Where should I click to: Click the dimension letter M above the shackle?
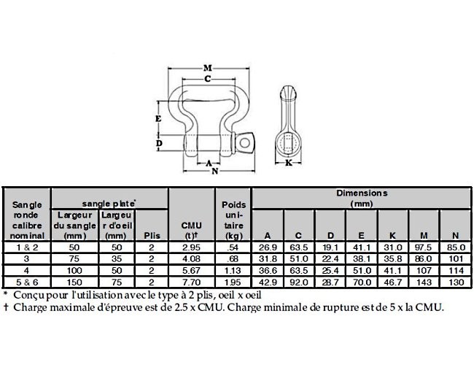tap(208, 68)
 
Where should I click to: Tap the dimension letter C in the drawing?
tap(208, 79)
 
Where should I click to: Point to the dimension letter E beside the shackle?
tap(158, 119)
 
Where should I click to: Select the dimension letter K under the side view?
tap(289, 163)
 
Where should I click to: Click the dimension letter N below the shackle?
tap(215, 172)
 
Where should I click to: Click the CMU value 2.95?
tap(191, 247)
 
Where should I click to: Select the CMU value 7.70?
tap(191, 283)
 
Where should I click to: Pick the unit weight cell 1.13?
tap(233, 271)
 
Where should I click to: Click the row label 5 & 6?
tap(27, 283)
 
